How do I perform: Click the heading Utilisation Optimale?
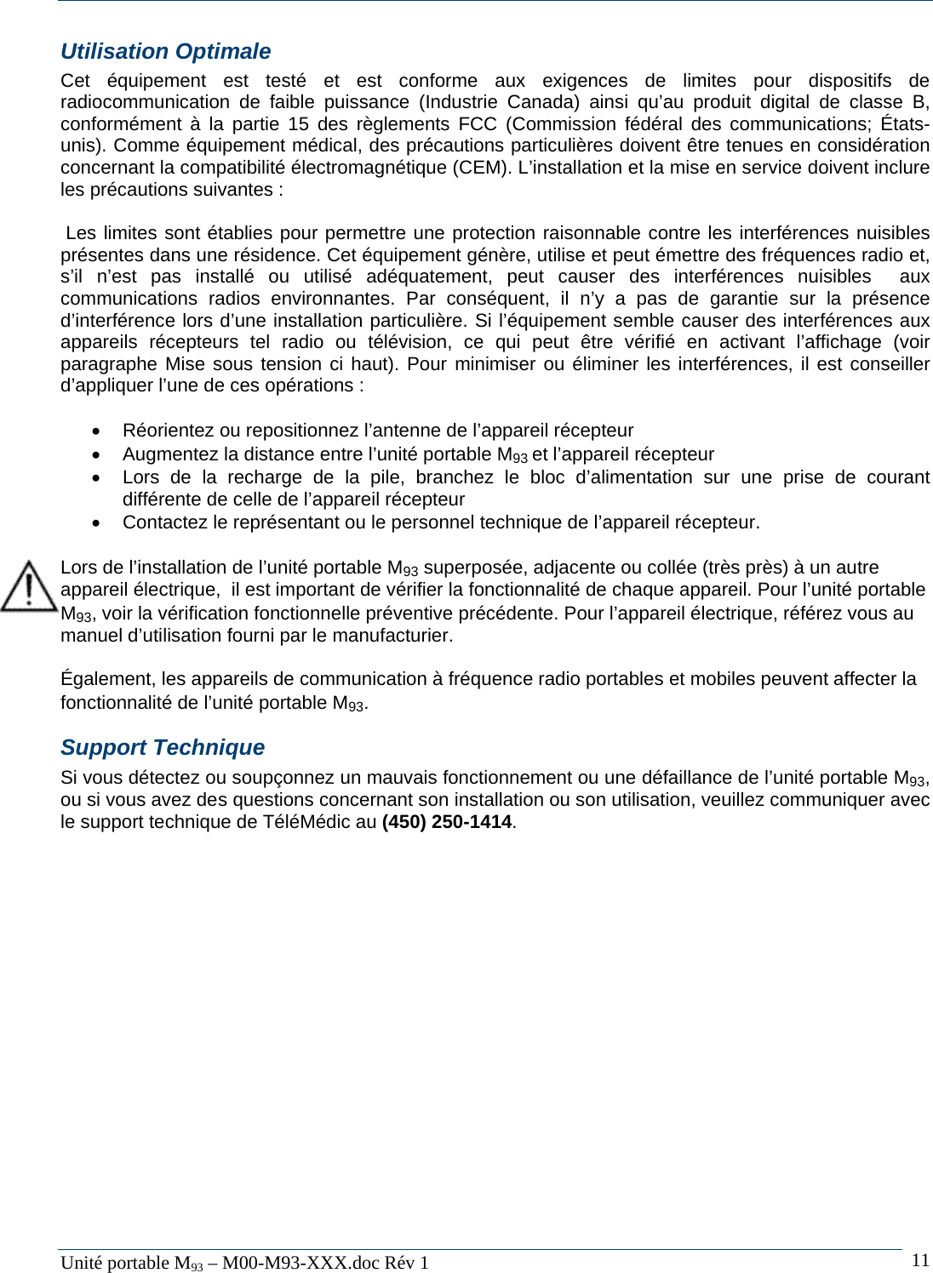tap(165, 52)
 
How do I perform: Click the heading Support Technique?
tap(162, 747)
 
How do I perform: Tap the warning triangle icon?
tap(28, 586)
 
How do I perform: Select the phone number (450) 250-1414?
tap(447, 822)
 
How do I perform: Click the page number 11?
tap(920, 1260)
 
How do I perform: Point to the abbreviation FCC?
tap(478, 123)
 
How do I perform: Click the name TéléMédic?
tap(307, 822)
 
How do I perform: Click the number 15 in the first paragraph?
tap(298, 123)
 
